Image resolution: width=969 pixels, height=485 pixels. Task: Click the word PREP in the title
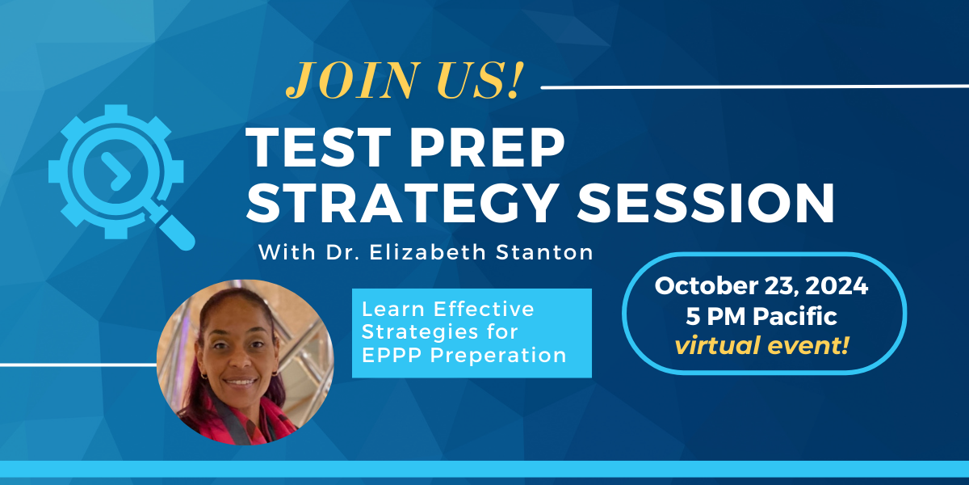click(x=487, y=147)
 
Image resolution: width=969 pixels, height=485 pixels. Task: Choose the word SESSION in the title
click(x=706, y=203)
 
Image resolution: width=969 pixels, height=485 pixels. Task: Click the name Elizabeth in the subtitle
click(x=428, y=252)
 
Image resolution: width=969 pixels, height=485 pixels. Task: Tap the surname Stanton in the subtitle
click(x=544, y=252)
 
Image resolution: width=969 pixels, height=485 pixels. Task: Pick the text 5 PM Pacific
click(x=761, y=316)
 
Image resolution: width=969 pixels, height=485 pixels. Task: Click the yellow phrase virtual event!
click(x=762, y=346)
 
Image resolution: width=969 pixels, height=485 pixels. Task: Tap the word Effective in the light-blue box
click(x=484, y=309)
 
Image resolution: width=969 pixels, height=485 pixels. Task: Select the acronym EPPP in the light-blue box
click(x=392, y=355)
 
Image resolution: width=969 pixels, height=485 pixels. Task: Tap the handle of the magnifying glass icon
click(x=174, y=230)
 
